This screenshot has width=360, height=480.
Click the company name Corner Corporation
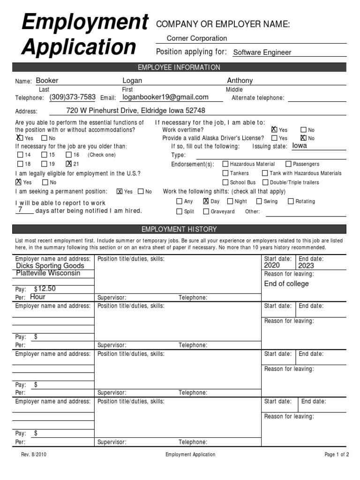197,38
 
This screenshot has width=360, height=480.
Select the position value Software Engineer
262,52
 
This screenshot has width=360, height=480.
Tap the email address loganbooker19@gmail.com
165,97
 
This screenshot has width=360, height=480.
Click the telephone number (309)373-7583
72,97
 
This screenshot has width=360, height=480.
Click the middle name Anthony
240,81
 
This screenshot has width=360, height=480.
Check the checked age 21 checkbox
69,164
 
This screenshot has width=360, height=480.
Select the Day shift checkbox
205,202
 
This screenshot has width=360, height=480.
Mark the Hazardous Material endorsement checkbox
225,164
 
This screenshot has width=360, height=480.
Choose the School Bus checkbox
225,182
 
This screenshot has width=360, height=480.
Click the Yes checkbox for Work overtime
274,130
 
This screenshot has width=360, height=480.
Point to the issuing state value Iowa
300,146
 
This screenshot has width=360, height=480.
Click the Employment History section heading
179,229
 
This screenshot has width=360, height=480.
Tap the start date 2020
272,265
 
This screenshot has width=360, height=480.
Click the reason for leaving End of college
286,284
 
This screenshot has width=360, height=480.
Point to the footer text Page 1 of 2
337,455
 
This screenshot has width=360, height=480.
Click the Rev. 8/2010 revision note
34,455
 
